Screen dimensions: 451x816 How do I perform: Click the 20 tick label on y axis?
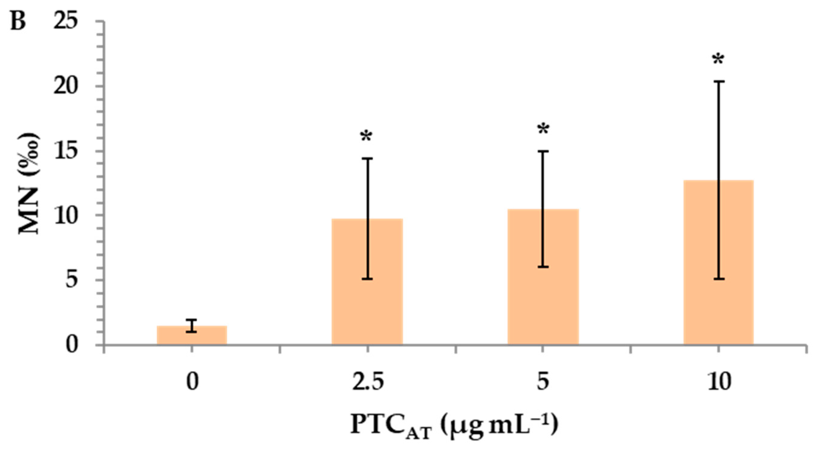66,86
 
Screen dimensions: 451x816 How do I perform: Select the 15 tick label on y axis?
66,151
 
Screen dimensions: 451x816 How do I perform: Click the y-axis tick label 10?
66,216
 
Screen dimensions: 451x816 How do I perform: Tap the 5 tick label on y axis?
72,280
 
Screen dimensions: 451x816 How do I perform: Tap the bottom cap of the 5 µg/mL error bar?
543,267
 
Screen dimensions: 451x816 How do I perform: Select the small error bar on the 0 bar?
192,326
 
